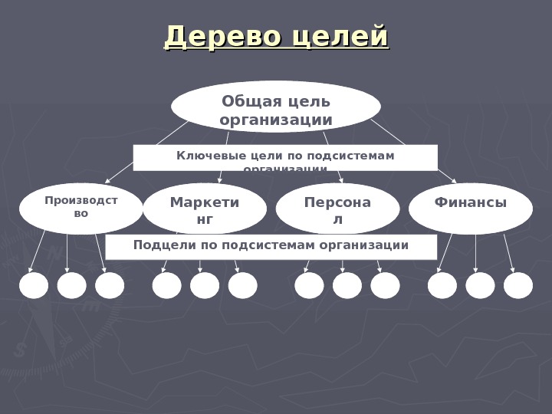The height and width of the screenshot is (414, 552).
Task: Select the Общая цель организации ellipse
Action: point(276,107)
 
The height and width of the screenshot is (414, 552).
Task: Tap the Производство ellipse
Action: point(80,208)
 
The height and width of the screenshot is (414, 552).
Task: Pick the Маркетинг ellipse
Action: point(205,209)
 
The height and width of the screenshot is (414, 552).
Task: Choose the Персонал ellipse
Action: point(337,209)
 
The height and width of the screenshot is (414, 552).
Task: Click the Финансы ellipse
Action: point(471,209)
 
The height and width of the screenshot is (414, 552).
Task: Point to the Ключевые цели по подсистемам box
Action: point(285,157)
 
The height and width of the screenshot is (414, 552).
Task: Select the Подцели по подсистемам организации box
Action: point(271,247)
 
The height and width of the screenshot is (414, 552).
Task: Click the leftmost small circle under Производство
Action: point(34,285)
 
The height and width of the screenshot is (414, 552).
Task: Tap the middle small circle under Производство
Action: point(72,285)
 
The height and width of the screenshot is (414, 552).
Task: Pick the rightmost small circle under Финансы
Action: point(518,285)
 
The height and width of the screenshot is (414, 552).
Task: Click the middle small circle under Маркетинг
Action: point(205,285)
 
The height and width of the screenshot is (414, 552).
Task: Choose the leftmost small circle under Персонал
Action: point(310,285)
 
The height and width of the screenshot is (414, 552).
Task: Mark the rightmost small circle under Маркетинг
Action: point(243,285)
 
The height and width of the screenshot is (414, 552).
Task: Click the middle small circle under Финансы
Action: point(481,285)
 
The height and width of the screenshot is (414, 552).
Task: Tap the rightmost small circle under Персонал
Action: point(386,285)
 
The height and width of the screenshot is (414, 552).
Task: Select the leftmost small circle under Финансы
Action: point(442,285)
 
